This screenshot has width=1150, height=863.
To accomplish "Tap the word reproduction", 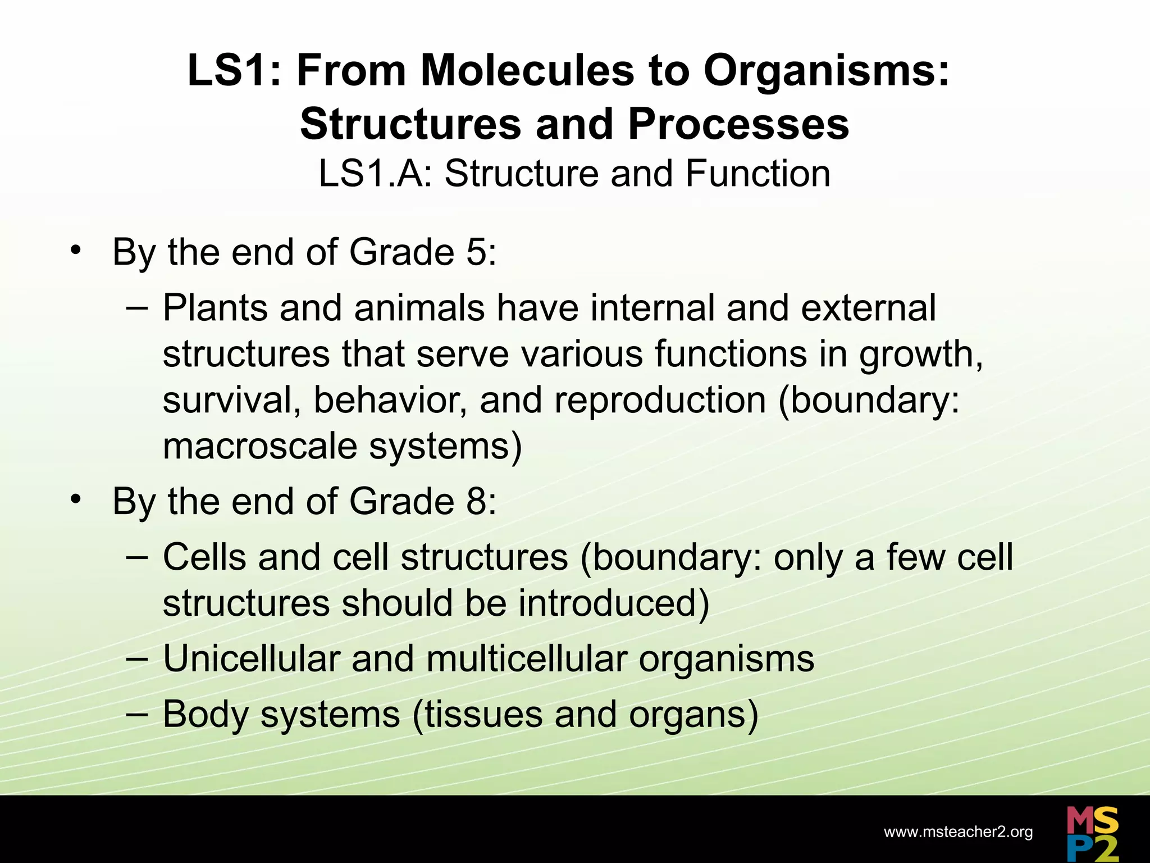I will point(660,401).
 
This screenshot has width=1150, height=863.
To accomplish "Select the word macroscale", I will point(260,447).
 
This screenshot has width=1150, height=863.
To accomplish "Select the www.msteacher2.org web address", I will point(958,832).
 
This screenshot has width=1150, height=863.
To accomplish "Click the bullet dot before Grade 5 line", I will point(76,250).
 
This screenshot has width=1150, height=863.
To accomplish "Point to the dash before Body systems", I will point(137,713).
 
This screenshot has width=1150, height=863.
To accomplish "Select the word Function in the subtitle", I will point(757,174).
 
